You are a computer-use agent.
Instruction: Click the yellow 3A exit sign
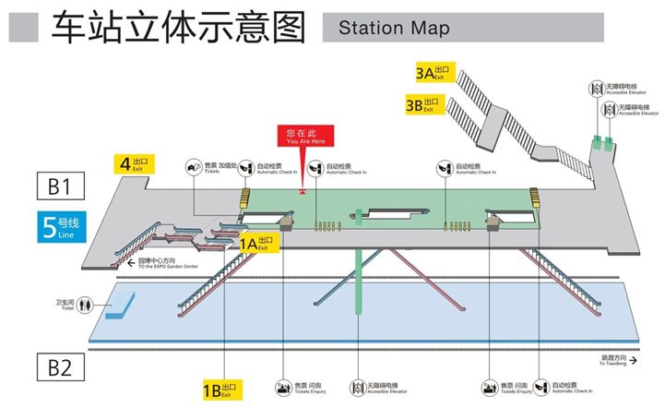point(433,72)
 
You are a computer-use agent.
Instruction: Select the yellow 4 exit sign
point(134,165)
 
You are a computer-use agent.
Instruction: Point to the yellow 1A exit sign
point(254,245)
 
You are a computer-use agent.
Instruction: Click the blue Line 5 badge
point(63,225)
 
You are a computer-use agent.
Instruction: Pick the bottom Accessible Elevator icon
point(359,385)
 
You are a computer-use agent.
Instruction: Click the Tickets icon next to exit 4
point(195,168)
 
